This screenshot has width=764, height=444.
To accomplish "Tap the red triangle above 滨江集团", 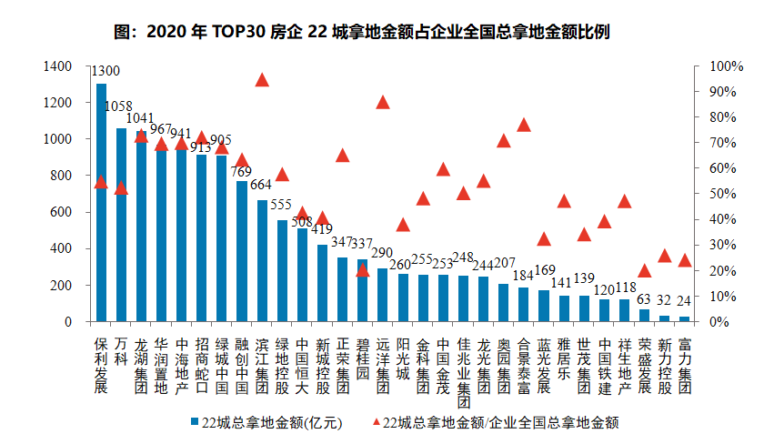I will [262, 80].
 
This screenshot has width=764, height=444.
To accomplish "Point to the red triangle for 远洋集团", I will [383, 102].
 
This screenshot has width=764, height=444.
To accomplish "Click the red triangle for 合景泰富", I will [524, 125].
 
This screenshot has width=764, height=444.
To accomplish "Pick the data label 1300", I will [106, 72].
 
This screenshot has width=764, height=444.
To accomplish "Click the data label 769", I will [241, 171].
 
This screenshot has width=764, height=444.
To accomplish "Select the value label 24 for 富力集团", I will [684, 301].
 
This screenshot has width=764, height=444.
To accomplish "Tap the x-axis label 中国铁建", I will [604, 365].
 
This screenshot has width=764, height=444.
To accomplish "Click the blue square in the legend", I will [195, 422].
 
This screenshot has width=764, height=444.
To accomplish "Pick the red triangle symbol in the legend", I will [377, 422].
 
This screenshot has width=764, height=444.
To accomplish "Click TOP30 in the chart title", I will [239, 32].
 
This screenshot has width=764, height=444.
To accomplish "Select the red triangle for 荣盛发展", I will [644, 270].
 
